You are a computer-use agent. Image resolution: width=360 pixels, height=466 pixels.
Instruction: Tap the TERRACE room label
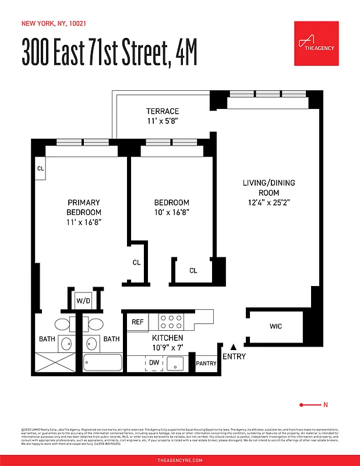163,111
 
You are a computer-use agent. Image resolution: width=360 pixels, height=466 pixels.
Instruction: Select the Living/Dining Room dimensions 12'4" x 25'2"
269,203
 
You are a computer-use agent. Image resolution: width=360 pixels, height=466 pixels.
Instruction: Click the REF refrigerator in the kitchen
137,322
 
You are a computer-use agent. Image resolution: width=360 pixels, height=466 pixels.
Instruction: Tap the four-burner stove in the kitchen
171,322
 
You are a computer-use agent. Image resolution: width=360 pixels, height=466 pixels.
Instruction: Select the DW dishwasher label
154,362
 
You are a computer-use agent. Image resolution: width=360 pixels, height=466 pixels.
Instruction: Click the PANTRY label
206,363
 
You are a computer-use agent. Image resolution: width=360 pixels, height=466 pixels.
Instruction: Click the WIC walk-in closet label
276,326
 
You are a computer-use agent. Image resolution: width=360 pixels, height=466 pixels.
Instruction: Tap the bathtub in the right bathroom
103,362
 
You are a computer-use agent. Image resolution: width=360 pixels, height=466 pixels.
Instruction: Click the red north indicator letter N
326,405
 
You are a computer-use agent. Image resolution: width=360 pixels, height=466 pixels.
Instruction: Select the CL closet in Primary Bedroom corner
41,168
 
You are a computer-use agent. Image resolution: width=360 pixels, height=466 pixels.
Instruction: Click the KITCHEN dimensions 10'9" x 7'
167,348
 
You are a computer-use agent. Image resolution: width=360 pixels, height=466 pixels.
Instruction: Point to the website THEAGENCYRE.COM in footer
180,460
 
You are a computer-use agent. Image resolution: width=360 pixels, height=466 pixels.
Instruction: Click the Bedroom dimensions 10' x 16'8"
171,213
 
